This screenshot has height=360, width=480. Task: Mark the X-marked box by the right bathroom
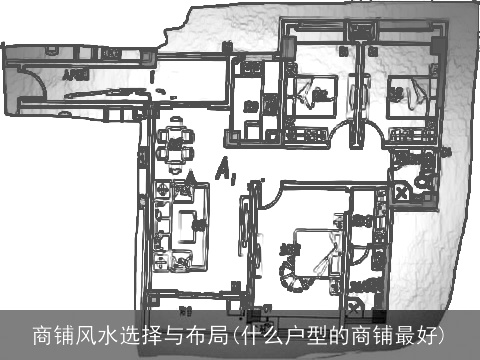tap(404, 191)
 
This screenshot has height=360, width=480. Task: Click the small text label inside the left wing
tap(73, 74)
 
